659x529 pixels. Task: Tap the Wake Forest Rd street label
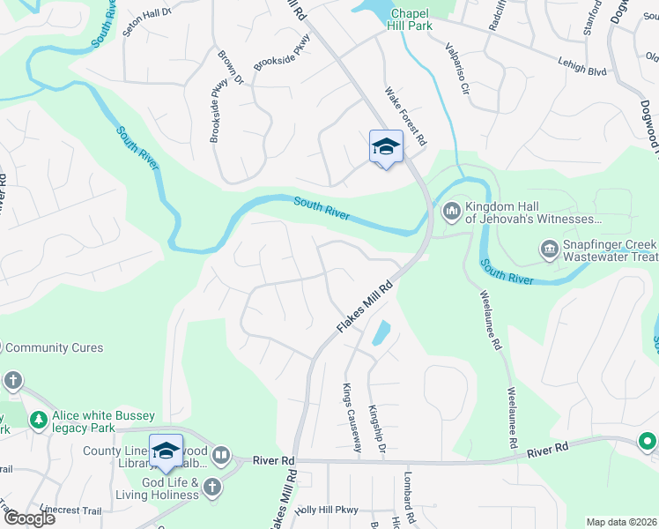coord(406,115)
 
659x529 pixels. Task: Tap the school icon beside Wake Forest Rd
coord(386,147)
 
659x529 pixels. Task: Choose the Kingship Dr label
coord(377,428)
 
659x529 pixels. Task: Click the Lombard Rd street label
coord(410,503)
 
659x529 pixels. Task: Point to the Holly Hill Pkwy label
coord(328,510)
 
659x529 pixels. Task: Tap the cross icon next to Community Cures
coord(12,380)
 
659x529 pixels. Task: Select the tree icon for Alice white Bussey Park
coord(39,420)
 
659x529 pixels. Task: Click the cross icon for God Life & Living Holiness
coord(211,487)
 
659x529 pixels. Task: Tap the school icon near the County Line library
coord(166,451)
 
